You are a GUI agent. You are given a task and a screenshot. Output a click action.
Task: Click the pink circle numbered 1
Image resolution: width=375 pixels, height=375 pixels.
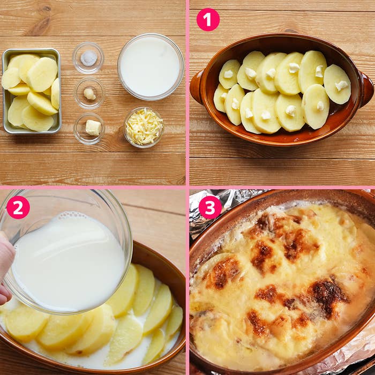tap(208, 20)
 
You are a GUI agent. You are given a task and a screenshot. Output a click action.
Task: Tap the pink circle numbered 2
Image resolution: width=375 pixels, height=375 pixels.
tap(18, 207)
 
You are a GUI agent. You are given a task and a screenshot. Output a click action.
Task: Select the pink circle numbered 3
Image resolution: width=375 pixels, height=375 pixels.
tap(210, 207)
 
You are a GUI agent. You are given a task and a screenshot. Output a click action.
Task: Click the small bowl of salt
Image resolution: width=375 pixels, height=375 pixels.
tap(88, 58)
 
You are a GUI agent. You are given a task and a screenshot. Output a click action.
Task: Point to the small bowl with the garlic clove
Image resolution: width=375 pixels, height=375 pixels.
tap(89, 93)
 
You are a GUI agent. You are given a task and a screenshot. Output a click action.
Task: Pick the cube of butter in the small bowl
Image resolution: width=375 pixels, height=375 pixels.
tap(93, 127)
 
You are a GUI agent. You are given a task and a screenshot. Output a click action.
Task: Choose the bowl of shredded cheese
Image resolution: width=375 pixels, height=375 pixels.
tap(144, 127)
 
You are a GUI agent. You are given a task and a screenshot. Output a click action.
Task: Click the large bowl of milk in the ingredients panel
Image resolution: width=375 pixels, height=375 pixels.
tap(151, 67)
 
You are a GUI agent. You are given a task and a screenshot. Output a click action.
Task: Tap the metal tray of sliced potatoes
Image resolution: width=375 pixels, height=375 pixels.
tap(31, 91)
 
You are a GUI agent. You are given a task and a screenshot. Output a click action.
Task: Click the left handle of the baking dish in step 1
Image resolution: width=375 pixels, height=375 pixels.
tap(196, 87)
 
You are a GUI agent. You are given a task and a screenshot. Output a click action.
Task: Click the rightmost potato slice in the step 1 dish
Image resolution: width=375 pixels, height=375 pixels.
tap(337, 84)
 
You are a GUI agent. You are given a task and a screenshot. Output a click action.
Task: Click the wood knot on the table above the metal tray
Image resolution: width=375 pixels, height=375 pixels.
tap(46, 9)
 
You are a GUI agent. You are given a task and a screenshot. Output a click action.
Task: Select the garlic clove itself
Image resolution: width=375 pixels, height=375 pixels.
tap(89, 94)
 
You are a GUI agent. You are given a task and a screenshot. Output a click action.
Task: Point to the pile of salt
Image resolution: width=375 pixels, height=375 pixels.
tap(89, 58)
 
